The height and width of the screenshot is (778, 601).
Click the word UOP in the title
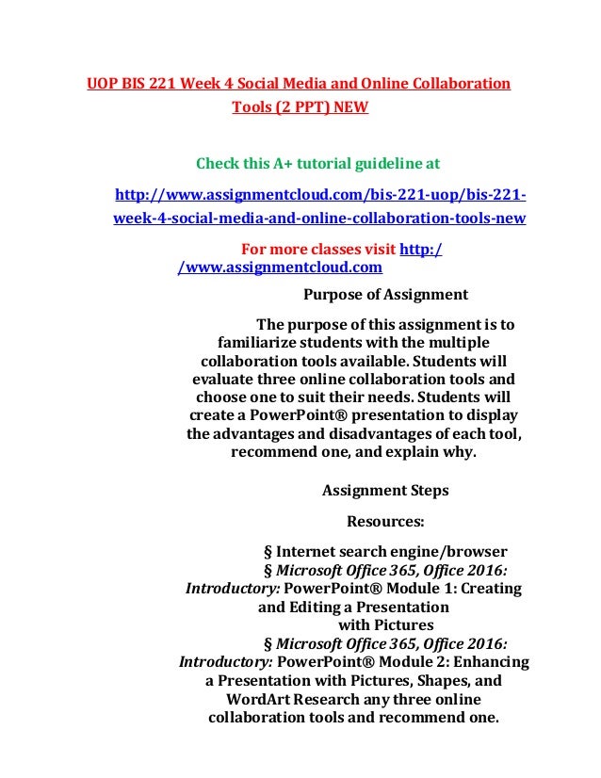click(102, 84)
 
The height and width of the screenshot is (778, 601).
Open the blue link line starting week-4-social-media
click(318, 219)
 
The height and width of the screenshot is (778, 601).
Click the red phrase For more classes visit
click(319, 250)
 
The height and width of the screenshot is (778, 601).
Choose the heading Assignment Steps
click(385, 490)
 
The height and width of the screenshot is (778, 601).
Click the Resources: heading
click(386, 520)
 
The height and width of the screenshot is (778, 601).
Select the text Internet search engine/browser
click(392, 551)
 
